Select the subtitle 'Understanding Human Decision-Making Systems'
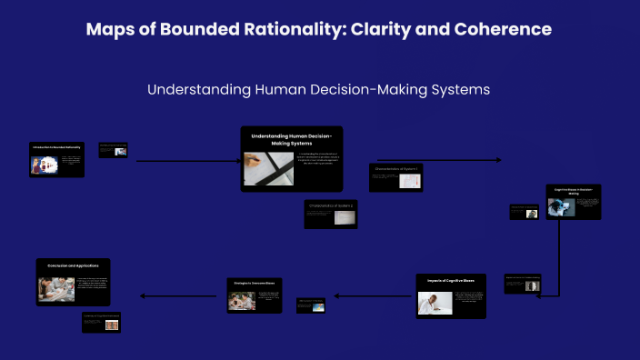pos(318,90)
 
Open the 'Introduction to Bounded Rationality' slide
pos(56,158)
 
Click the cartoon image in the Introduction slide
pos(42,165)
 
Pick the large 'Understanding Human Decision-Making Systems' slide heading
pos(291,138)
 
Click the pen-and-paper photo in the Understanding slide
pos(268,168)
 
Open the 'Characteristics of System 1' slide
pos(395,177)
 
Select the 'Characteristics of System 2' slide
pos(331,214)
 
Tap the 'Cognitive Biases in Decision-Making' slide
pos(573,202)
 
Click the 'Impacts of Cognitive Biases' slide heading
pos(451,281)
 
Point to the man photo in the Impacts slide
pos(435,302)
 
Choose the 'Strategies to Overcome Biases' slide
pos(255,295)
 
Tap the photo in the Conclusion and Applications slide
pos(56,289)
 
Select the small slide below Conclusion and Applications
pos(101,322)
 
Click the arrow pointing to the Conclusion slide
pos(177,295)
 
